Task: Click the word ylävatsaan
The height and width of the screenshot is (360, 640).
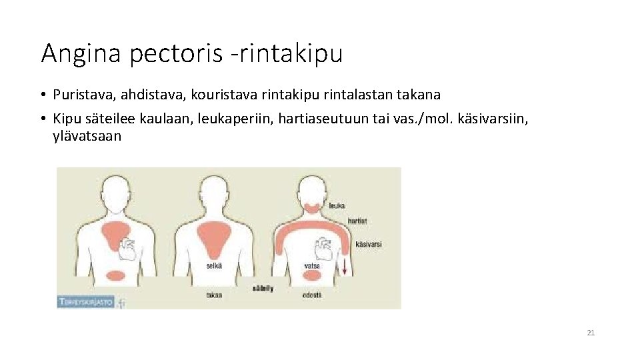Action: (87, 136)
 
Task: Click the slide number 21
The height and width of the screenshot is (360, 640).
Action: (591, 333)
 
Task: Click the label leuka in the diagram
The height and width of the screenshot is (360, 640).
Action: (337, 205)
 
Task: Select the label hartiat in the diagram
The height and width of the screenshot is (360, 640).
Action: (357, 220)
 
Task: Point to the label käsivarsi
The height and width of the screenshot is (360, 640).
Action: (369, 245)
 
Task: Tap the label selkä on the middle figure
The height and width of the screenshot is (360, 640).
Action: (214, 265)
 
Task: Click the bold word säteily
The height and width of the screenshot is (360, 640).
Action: (263, 289)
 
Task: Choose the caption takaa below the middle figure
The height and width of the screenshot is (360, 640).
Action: (214, 295)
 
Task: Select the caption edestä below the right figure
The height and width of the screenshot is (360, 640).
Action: (312, 295)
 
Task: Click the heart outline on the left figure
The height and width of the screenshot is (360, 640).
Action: (129, 251)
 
